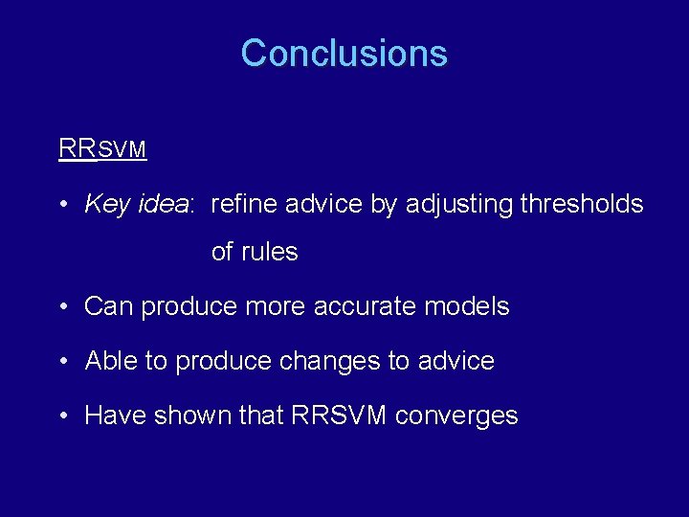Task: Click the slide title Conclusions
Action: [x=344, y=53]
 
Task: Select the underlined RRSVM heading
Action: [x=101, y=149]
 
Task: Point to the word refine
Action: [x=239, y=204]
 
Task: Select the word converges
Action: [x=456, y=416]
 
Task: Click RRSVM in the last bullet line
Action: [x=339, y=416]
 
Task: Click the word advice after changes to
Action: [x=456, y=361]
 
